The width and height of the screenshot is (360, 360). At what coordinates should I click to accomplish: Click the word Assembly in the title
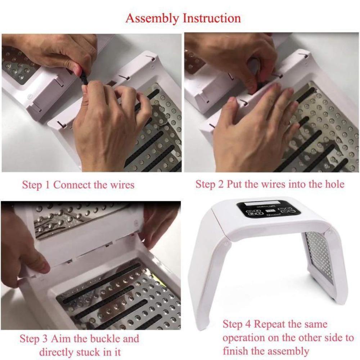(x=152, y=19)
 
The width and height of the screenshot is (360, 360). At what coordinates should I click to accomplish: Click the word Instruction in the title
(x=212, y=18)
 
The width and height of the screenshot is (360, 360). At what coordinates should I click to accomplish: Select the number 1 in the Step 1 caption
(x=47, y=185)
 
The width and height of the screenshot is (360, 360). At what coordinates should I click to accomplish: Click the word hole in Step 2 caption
(x=335, y=184)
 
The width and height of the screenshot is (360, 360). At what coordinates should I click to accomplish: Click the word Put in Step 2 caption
(x=235, y=184)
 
